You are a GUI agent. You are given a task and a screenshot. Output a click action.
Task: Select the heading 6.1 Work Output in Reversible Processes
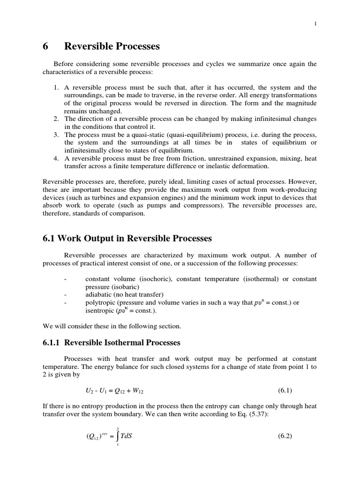(x=127, y=239)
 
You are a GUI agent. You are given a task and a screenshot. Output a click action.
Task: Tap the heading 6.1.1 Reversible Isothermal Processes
(x=112, y=343)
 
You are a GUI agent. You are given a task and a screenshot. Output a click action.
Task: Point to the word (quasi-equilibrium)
(x=185, y=135)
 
